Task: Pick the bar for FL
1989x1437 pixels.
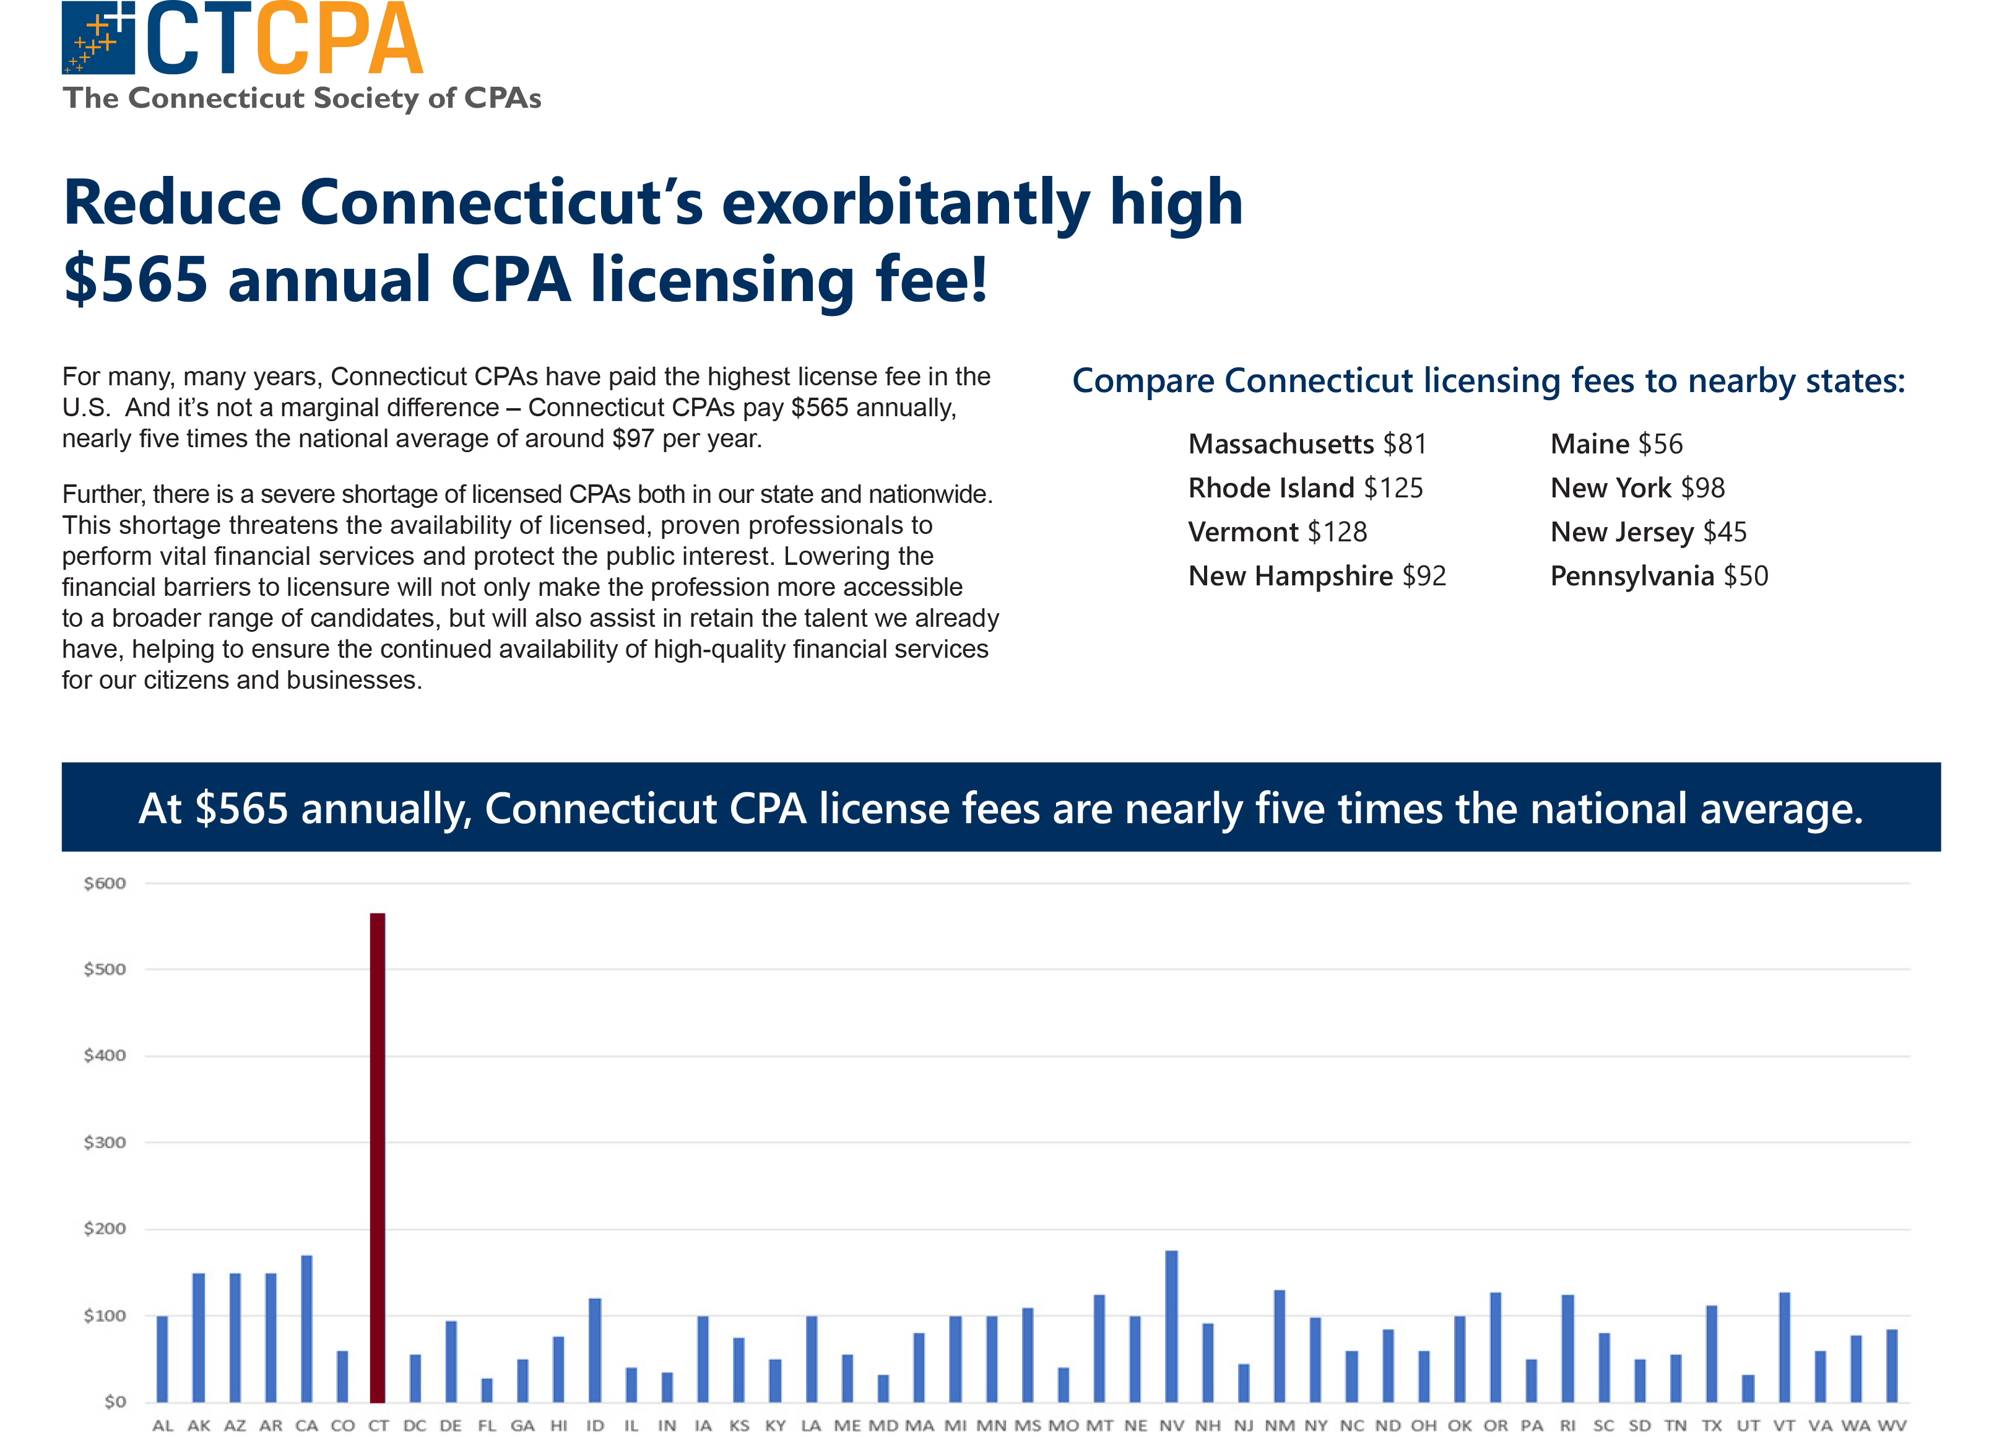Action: (487, 1390)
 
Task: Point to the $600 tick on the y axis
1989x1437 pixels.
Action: (105, 883)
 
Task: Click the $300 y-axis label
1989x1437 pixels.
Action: (105, 1142)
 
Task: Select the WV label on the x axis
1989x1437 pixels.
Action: (1892, 1426)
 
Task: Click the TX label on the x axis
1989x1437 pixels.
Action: (1711, 1426)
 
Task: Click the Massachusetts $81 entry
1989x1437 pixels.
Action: (1307, 444)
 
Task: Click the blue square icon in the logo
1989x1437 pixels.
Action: (98, 38)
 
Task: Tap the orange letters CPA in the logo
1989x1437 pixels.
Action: (340, 40)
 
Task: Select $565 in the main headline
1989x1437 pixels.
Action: (136, 280)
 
